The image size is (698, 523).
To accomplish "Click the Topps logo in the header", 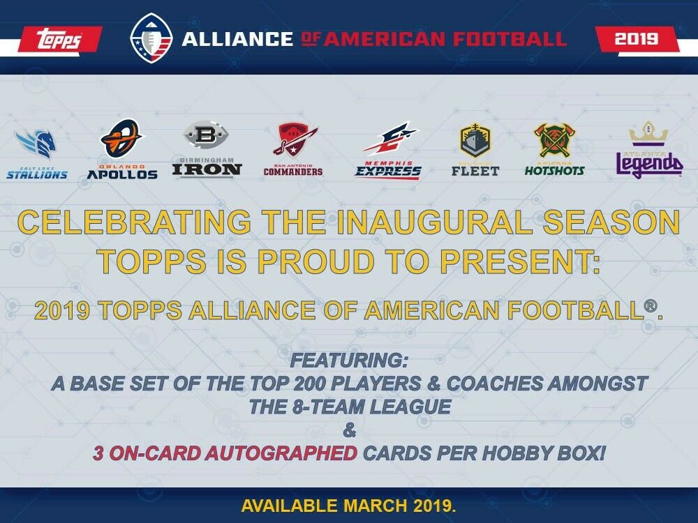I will [x=59, y=39].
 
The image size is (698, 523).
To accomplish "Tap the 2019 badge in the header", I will [x=636, y=39].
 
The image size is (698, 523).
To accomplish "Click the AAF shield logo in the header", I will [x=151, y=38].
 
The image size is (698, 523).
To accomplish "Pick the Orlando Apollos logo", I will [x=122, y=149].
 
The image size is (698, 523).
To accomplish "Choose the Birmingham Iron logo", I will [x=207, y=150].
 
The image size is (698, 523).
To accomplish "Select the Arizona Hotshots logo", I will [x=554, y=149].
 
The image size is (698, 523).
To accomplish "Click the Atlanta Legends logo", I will [x=648, y=151].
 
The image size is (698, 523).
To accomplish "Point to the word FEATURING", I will [x=348, y=362].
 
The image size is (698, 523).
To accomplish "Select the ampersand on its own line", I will [x=350, y=431].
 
